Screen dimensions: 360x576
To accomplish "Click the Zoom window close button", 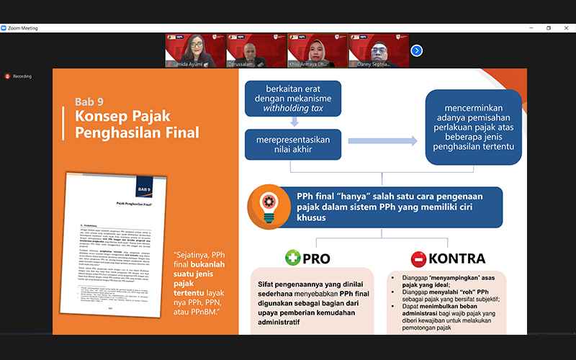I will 567,28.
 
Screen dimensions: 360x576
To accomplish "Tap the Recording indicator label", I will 22,76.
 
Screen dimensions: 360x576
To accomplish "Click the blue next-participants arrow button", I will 416,50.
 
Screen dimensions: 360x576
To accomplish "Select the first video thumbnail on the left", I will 195,51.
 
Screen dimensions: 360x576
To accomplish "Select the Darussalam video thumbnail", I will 256,51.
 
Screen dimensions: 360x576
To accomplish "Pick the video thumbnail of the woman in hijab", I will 318,51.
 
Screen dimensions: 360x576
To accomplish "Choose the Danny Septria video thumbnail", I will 379,51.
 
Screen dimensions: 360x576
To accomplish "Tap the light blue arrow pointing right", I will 382,140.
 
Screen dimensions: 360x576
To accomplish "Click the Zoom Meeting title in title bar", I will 23,28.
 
